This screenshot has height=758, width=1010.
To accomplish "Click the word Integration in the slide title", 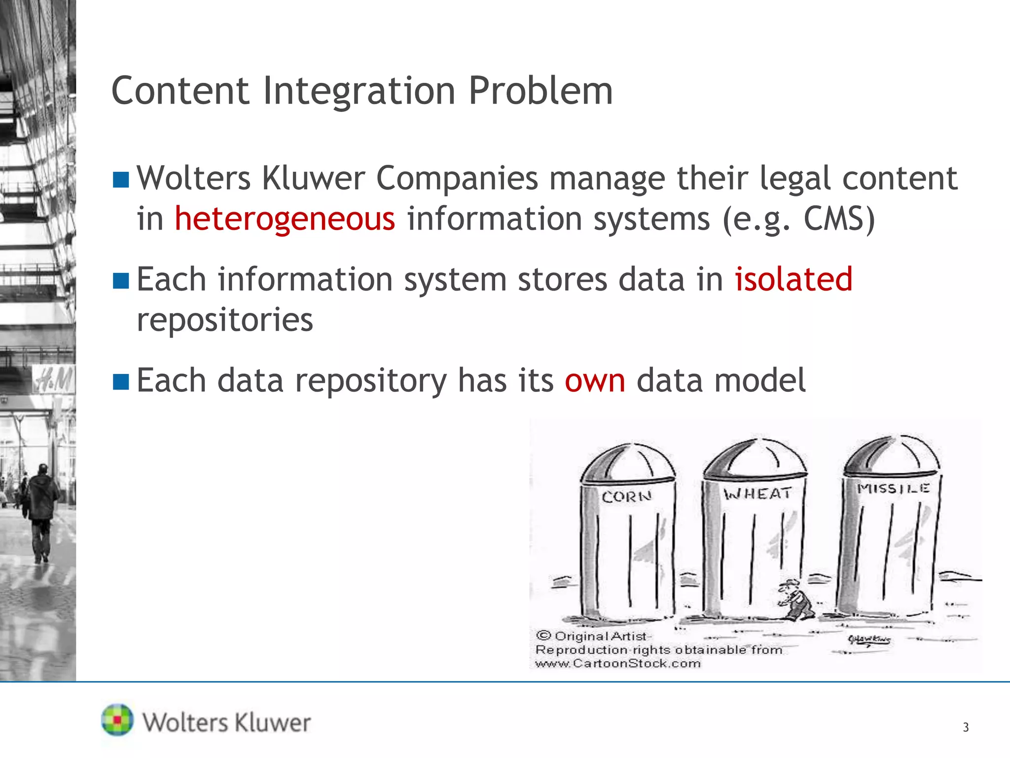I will [359, 91].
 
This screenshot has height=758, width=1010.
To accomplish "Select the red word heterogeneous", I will [285, 219].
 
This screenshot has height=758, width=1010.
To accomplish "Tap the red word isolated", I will [794, 279].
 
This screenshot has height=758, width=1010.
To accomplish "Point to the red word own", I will [595, 380].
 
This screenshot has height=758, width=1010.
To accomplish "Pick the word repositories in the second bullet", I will [225, 320].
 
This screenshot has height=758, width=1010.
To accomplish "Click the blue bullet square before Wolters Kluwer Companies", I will [121, 180].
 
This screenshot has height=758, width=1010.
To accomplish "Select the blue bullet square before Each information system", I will [121, 281].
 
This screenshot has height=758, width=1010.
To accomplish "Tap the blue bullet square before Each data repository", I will [121, 381].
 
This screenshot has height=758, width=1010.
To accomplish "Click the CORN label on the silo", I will [626, 496].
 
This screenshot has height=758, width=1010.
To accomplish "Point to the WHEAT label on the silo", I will [757, 493].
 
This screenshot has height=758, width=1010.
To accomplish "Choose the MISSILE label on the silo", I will [893, 489].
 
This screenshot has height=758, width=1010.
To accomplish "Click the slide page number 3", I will [966, 727].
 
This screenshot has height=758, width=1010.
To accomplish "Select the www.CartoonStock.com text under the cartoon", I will [618, 664].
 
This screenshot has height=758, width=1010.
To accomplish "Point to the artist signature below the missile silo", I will [869, 640].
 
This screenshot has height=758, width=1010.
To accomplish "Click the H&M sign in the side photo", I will [54, 380].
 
